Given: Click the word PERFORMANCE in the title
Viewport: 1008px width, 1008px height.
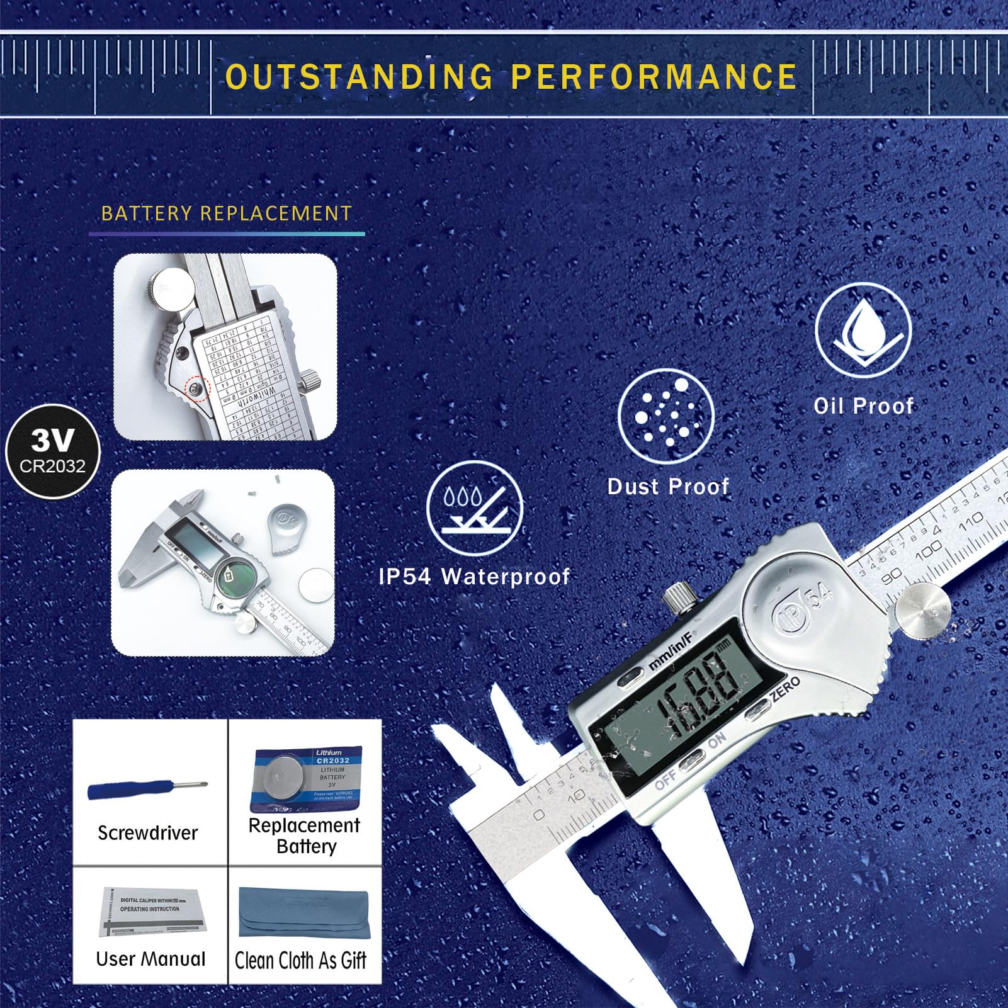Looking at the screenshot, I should click(x=654, y=77).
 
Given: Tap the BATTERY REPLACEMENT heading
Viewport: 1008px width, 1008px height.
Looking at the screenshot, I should click(x=227, y=213).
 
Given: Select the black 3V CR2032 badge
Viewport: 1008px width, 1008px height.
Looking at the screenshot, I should click(x=53, y=451).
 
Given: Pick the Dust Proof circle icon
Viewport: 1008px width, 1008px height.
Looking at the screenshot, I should click(x=666, y=417).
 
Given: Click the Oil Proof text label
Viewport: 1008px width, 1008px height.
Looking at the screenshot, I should click(x=863, y=406).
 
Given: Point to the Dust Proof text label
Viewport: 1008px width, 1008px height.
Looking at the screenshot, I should click(x=668, y=487).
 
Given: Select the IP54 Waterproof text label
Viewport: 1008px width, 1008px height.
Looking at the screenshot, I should click(x=475, y=577).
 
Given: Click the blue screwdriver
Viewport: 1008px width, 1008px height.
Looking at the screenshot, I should click(x=147, y=788).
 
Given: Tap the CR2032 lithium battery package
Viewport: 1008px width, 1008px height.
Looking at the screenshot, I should click(x=306, y=778).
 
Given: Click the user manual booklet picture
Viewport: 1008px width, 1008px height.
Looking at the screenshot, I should click(x=152, y=912).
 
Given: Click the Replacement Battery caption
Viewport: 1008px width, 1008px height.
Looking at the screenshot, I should click(x=305, y=835).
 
